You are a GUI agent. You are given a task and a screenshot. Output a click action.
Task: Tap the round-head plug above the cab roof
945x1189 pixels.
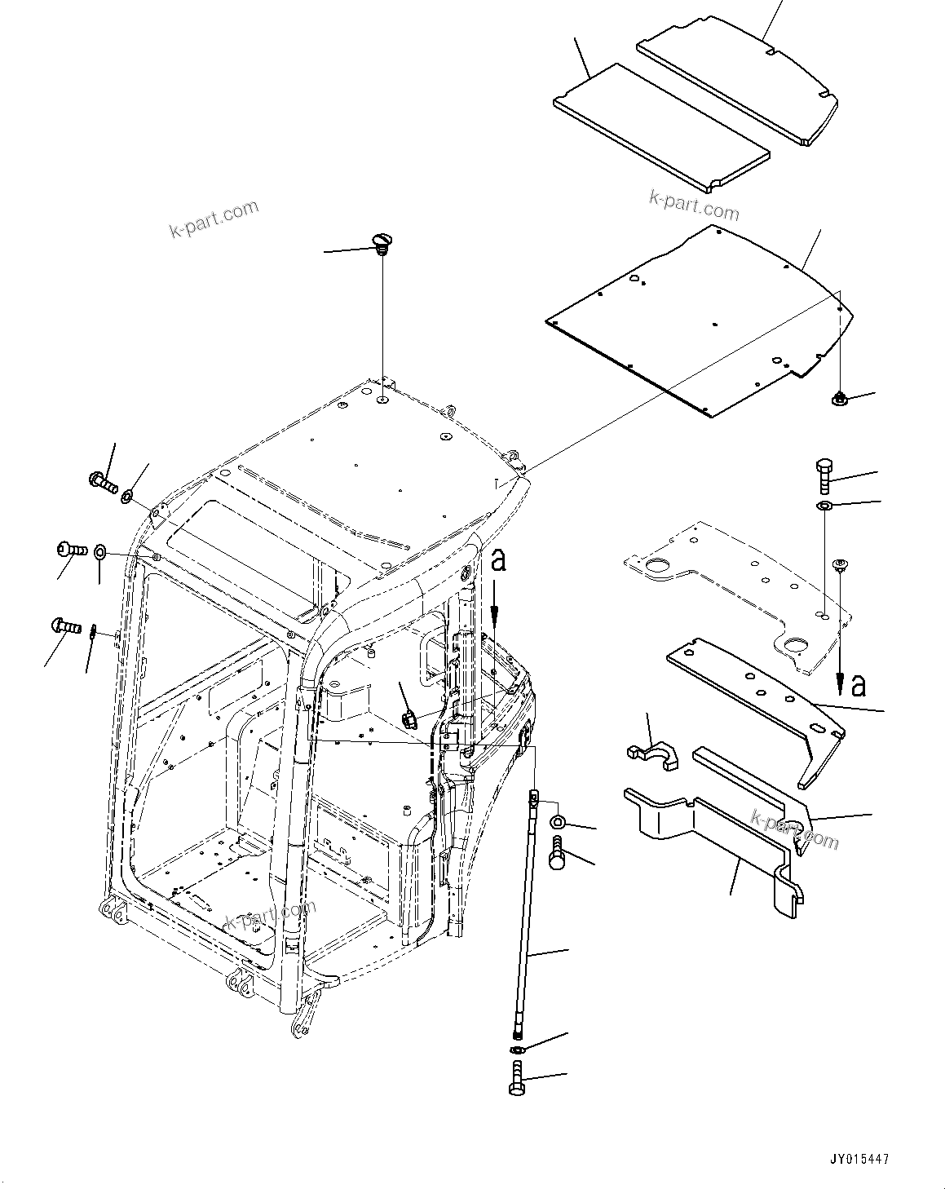[x=381, y=241]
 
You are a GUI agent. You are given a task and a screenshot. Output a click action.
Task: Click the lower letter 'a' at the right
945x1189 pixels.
[x=858, y=687]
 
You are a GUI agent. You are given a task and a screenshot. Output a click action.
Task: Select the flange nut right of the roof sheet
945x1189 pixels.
[x=840, y=399]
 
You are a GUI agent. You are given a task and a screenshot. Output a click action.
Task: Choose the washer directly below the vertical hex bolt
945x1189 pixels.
[x=824, y=507]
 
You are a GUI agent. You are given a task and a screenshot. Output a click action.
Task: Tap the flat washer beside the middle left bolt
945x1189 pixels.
[x=99, y=552]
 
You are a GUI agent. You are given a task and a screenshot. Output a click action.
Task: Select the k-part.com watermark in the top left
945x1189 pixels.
[x=214, y=219]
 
